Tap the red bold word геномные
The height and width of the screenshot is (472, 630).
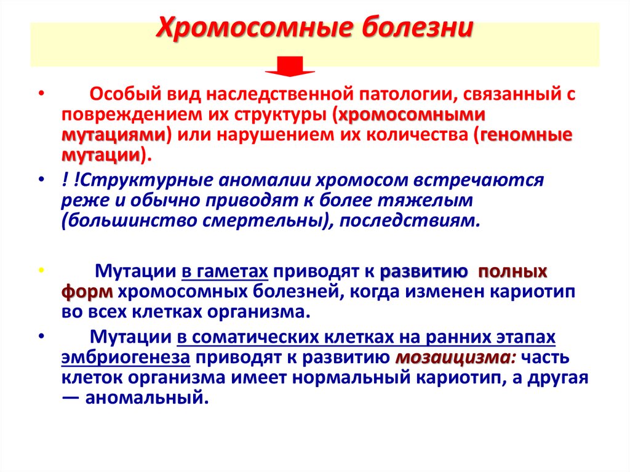click(527, 135)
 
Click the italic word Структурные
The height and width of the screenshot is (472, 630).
click(130, 180)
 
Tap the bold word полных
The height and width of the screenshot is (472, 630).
click(512, 271)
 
